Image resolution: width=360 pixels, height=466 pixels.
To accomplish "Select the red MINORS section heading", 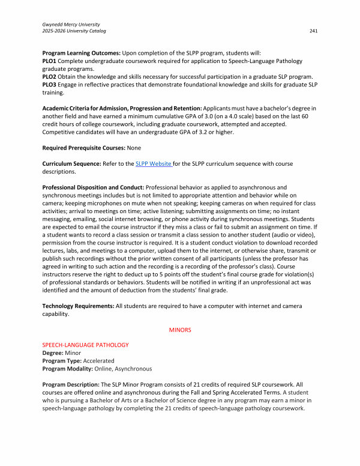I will [180, 330].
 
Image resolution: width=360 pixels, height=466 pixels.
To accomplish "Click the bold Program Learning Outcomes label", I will [82, 53].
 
